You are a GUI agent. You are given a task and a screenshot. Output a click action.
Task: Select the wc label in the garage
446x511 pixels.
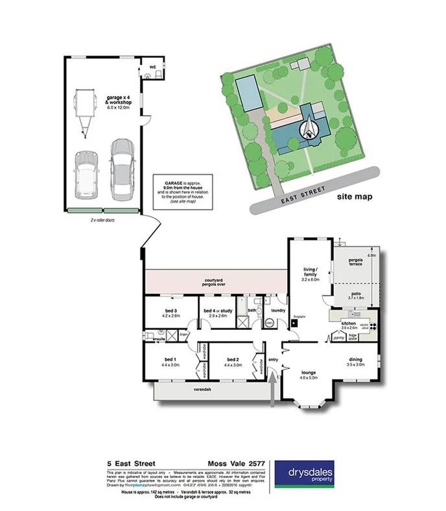pos(152,67)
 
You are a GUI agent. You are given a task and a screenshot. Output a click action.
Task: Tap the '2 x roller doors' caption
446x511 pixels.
pos(103,220)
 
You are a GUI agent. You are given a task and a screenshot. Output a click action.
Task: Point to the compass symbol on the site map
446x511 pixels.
pos(310,129)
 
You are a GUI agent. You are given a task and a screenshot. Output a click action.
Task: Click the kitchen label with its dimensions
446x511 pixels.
pos(349,325)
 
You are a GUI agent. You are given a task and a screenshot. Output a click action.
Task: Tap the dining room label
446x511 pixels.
pos(354,362)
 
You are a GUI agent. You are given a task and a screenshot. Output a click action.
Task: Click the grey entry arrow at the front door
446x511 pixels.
pos(272,390)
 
